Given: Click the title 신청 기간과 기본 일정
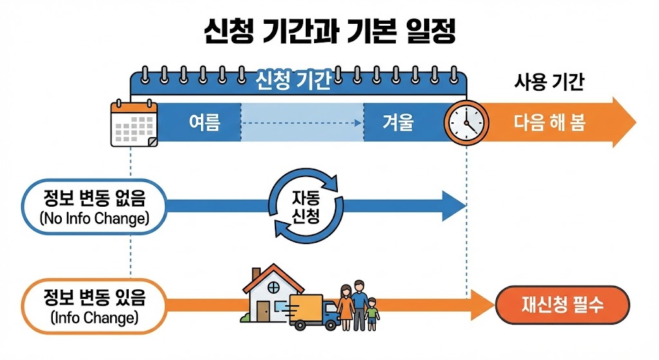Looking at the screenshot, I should (329, 31).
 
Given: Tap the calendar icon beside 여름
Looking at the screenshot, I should (134, 123).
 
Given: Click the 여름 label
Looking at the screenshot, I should (204, 122).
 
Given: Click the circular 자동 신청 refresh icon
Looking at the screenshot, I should (302, 206).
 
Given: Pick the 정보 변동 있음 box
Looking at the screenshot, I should (93, 306).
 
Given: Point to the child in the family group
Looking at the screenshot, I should (371, 314).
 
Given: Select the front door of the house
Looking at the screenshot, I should (263, 310).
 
